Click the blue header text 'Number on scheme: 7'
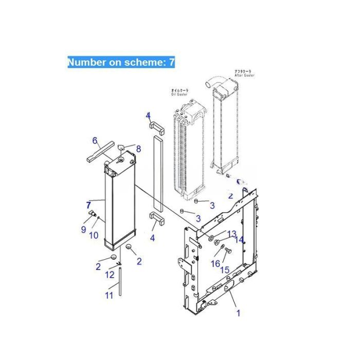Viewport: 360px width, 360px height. [121, 62]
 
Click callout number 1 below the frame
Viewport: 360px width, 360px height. [238, 312]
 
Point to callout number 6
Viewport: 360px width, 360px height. [95, 140]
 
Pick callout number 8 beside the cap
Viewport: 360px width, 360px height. [138, 149]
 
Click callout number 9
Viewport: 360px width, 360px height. [83, 229]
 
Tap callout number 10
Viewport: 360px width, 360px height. [94, 236]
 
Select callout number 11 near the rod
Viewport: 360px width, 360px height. [109, 295]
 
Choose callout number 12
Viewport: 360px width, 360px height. [109, 275]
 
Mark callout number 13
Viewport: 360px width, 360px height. [232, 235]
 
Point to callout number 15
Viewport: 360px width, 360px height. [225, 270]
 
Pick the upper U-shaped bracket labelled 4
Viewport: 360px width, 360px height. [156, 127]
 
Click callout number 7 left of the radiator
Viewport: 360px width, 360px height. [88, 205]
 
